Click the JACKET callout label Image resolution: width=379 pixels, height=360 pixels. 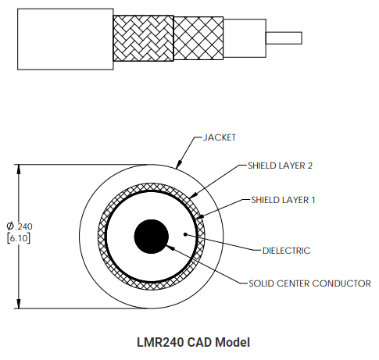pyautogui.click(x=220, y=137)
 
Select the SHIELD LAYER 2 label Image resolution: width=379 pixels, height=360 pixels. pyautogui.click(x=280, y=166)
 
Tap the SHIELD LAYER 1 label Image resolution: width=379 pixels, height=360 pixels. pyautogui.click(x=283, y=200)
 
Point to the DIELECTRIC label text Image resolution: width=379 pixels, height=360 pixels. pyautogui.click(x=287, y=251)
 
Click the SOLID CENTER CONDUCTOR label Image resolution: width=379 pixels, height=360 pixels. pyautogui.click(x=309, y=283)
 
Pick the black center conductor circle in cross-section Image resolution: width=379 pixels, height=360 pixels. pyautogui.click(x=152, y=237)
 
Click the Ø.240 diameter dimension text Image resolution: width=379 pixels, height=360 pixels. pyautogui.click(x=20, y=226)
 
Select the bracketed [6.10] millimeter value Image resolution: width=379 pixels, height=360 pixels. pyautogui.click(x=19, y=238)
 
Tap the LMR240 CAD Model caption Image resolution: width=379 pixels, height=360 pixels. pyautogui.click(x=193, y=342)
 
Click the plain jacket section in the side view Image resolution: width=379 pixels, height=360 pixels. pyautogui.click(x=66, y=39)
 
